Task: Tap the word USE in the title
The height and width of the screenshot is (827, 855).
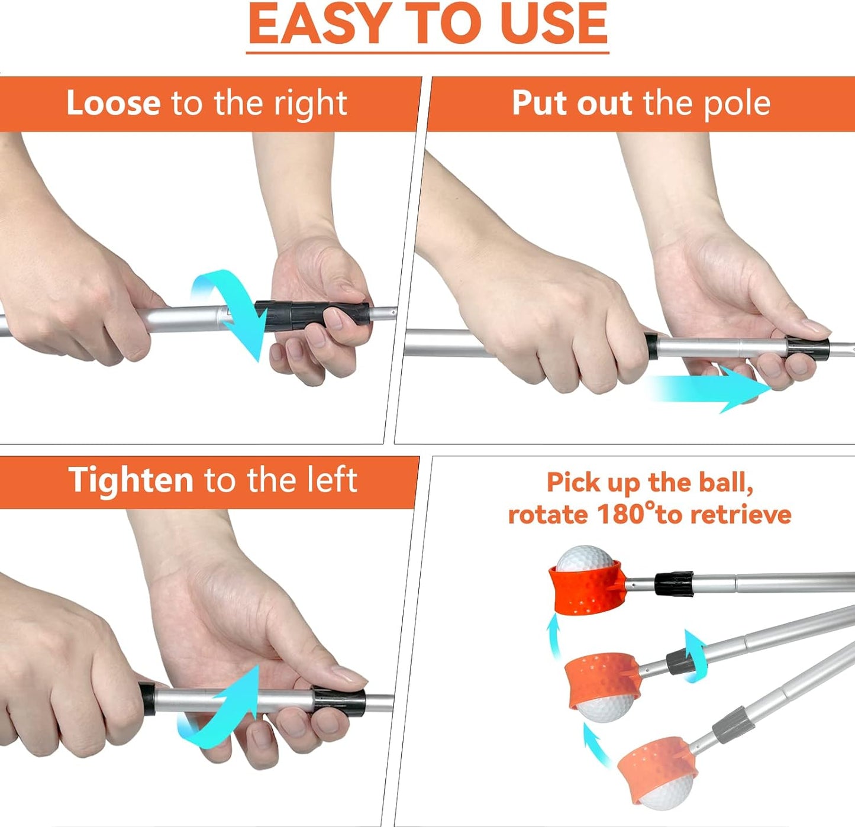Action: [556, 24]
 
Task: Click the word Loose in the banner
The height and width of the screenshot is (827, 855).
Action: [114, 103]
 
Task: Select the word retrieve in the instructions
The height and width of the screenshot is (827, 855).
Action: [741, 514]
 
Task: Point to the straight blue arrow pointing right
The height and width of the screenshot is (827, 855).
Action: [712, 389]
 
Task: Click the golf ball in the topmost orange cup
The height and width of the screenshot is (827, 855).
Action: [585, 558]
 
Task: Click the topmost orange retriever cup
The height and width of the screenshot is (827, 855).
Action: [586, 587]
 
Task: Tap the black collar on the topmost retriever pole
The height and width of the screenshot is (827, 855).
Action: [674, 584]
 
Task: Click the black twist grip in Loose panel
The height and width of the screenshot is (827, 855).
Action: [312, 316]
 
